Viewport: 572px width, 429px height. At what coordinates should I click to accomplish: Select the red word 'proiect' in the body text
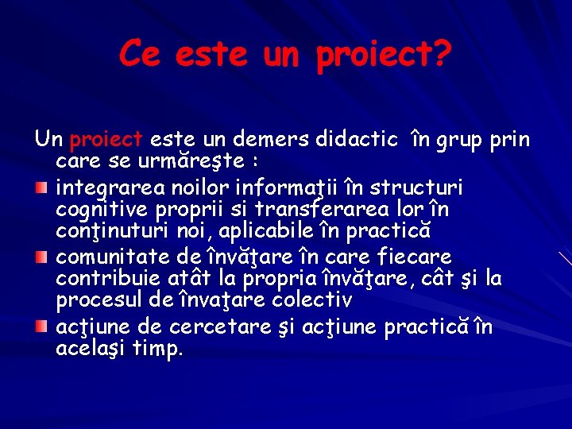click(x=106, y=141)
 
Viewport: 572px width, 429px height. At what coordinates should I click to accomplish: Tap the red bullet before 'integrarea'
click(x=43, y=188)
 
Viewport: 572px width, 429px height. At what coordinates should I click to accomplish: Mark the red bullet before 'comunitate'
click(x=43, y=257)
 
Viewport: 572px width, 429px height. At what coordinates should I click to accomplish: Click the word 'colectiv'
click(x=311, y=300)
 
